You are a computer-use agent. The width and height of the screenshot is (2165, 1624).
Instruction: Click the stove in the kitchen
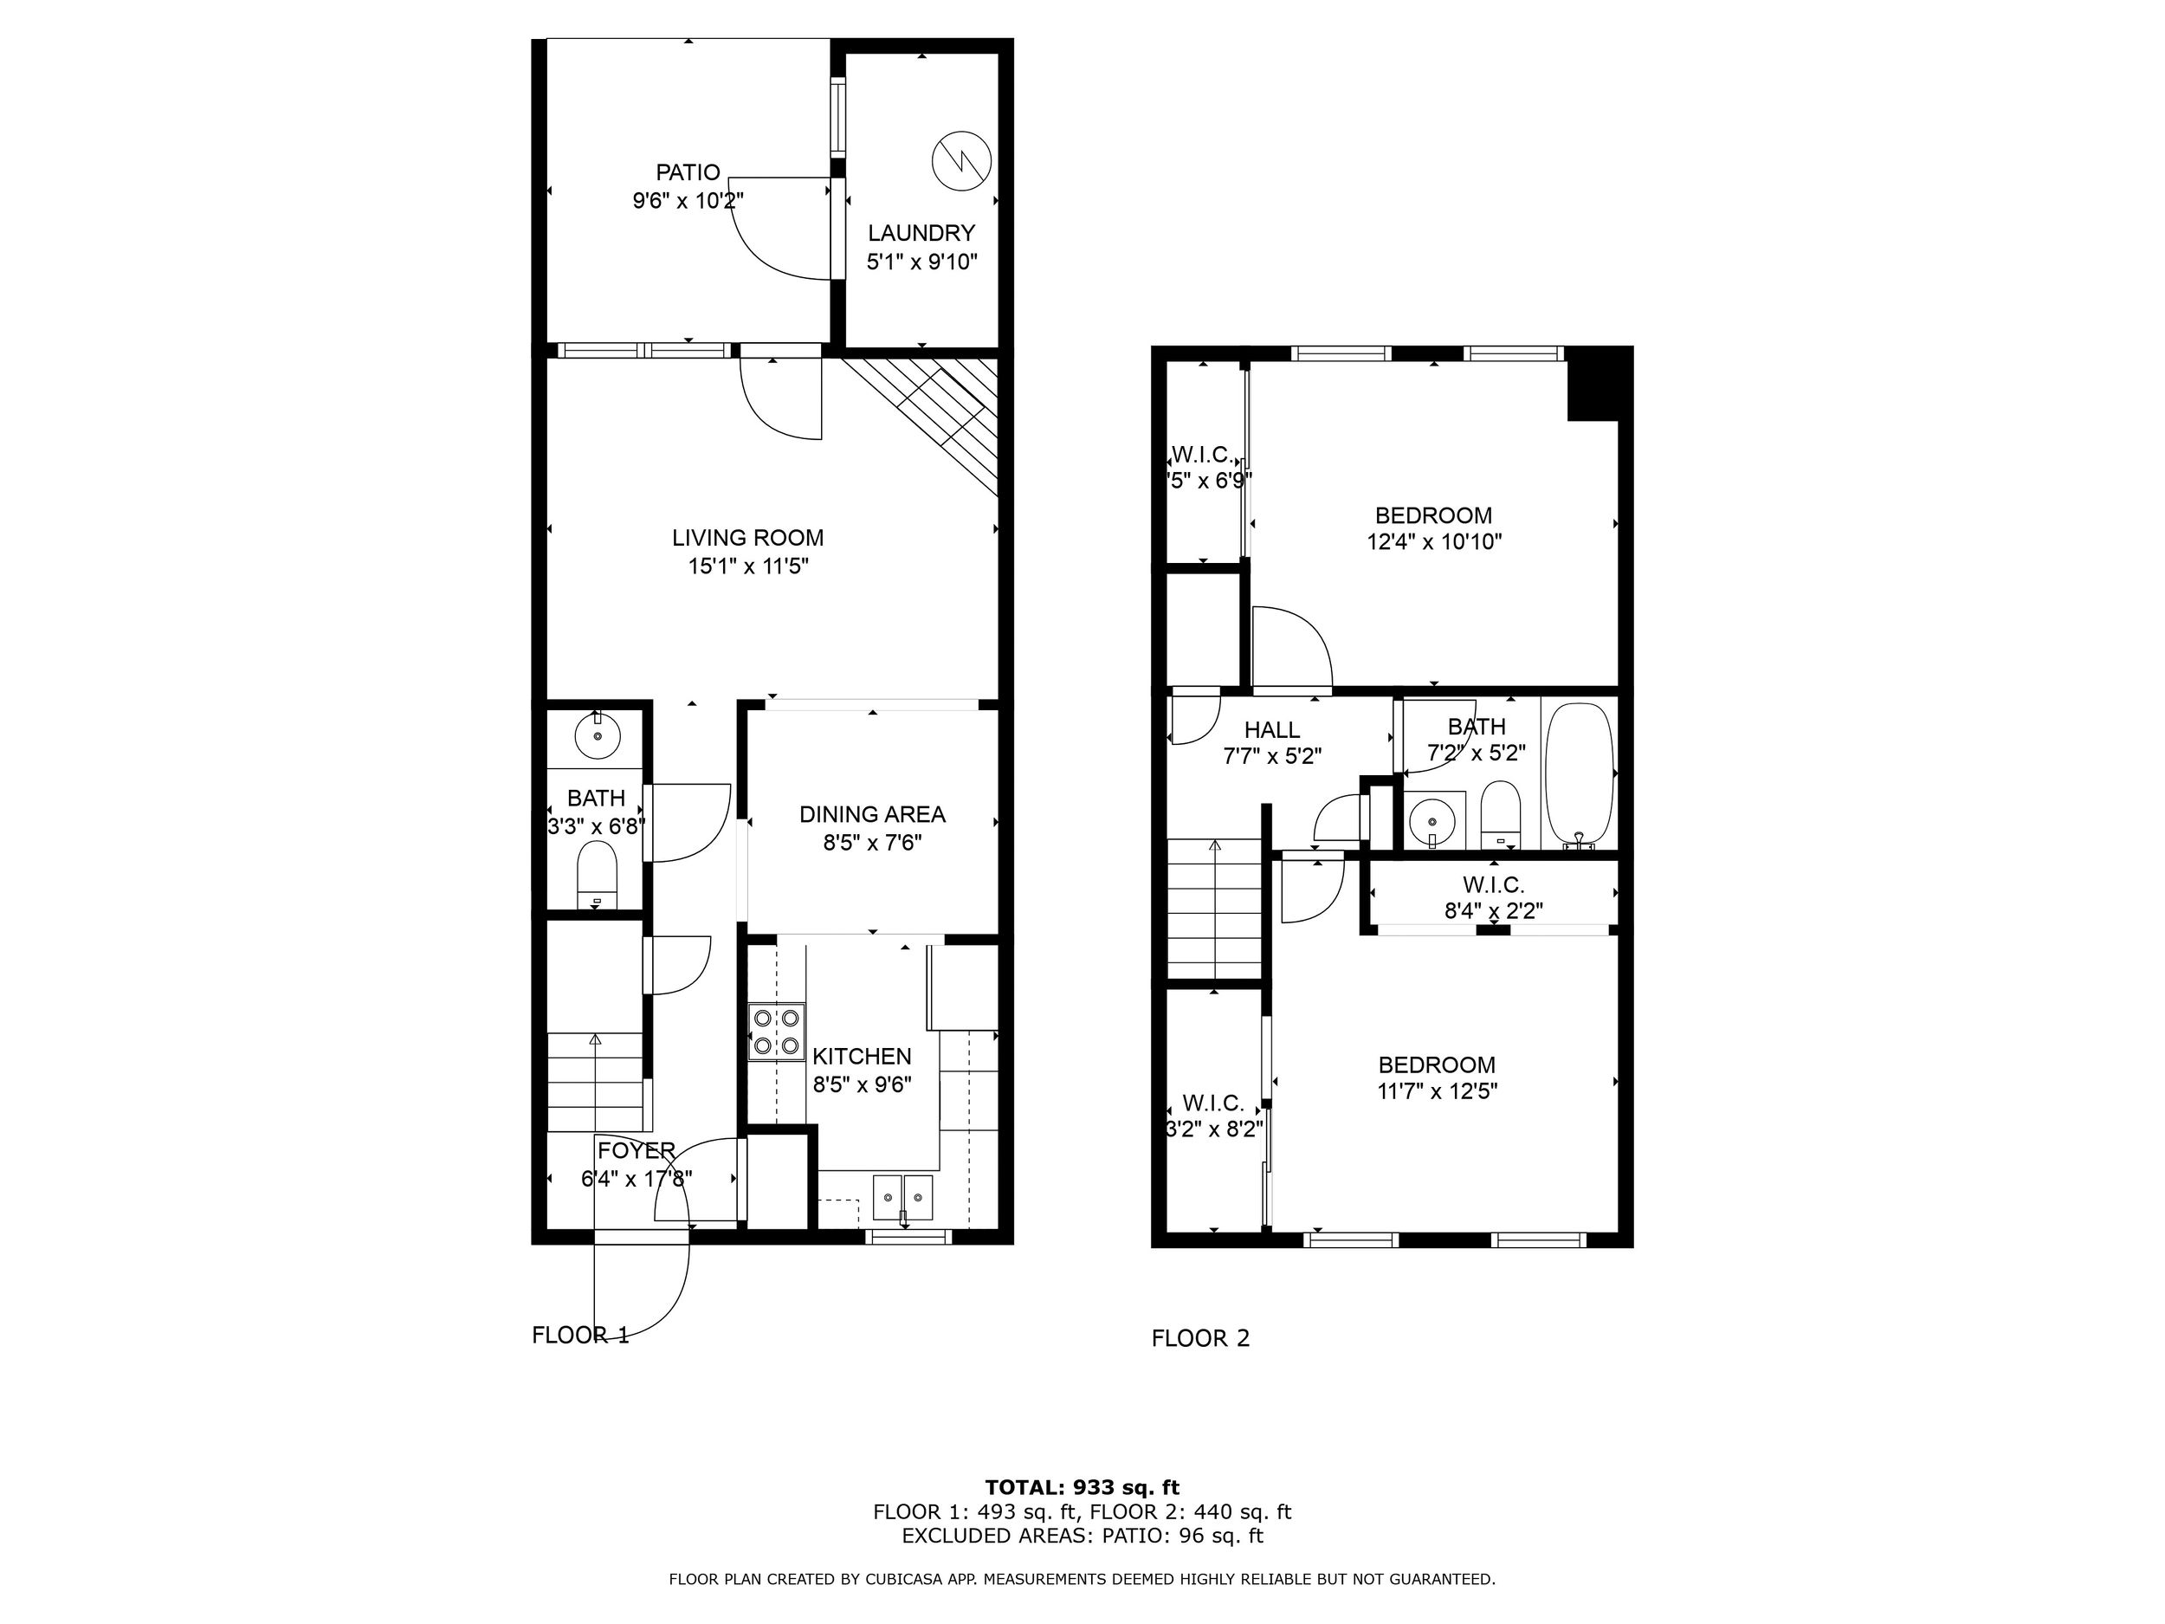point(777,1032)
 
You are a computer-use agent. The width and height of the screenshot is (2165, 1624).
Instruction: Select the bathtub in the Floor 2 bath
point(1579,774)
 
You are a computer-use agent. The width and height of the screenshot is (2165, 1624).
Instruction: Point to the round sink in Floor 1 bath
point(597,736)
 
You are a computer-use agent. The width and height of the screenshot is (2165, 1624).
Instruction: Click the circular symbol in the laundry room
point(962,160)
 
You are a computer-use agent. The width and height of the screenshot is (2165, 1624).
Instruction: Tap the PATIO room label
point(688,172)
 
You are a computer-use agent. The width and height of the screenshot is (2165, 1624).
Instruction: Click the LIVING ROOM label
point(747,537)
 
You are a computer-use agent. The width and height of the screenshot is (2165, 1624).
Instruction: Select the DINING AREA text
point(872,814)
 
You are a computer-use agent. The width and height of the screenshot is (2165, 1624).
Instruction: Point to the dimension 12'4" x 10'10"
point(1434,541)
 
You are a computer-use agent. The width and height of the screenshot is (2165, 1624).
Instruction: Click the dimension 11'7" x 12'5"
point(1437,1090)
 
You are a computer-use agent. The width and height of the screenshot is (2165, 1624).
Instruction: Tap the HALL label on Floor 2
point(1272,729)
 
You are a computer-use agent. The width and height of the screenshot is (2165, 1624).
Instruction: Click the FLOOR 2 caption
point(1201,1338)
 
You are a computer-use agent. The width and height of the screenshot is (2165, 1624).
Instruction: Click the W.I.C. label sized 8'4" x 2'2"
point(1494,885)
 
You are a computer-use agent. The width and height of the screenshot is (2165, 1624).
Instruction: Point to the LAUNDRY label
point(922,233)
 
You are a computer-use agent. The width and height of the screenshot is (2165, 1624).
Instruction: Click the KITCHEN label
point(863,1056)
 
